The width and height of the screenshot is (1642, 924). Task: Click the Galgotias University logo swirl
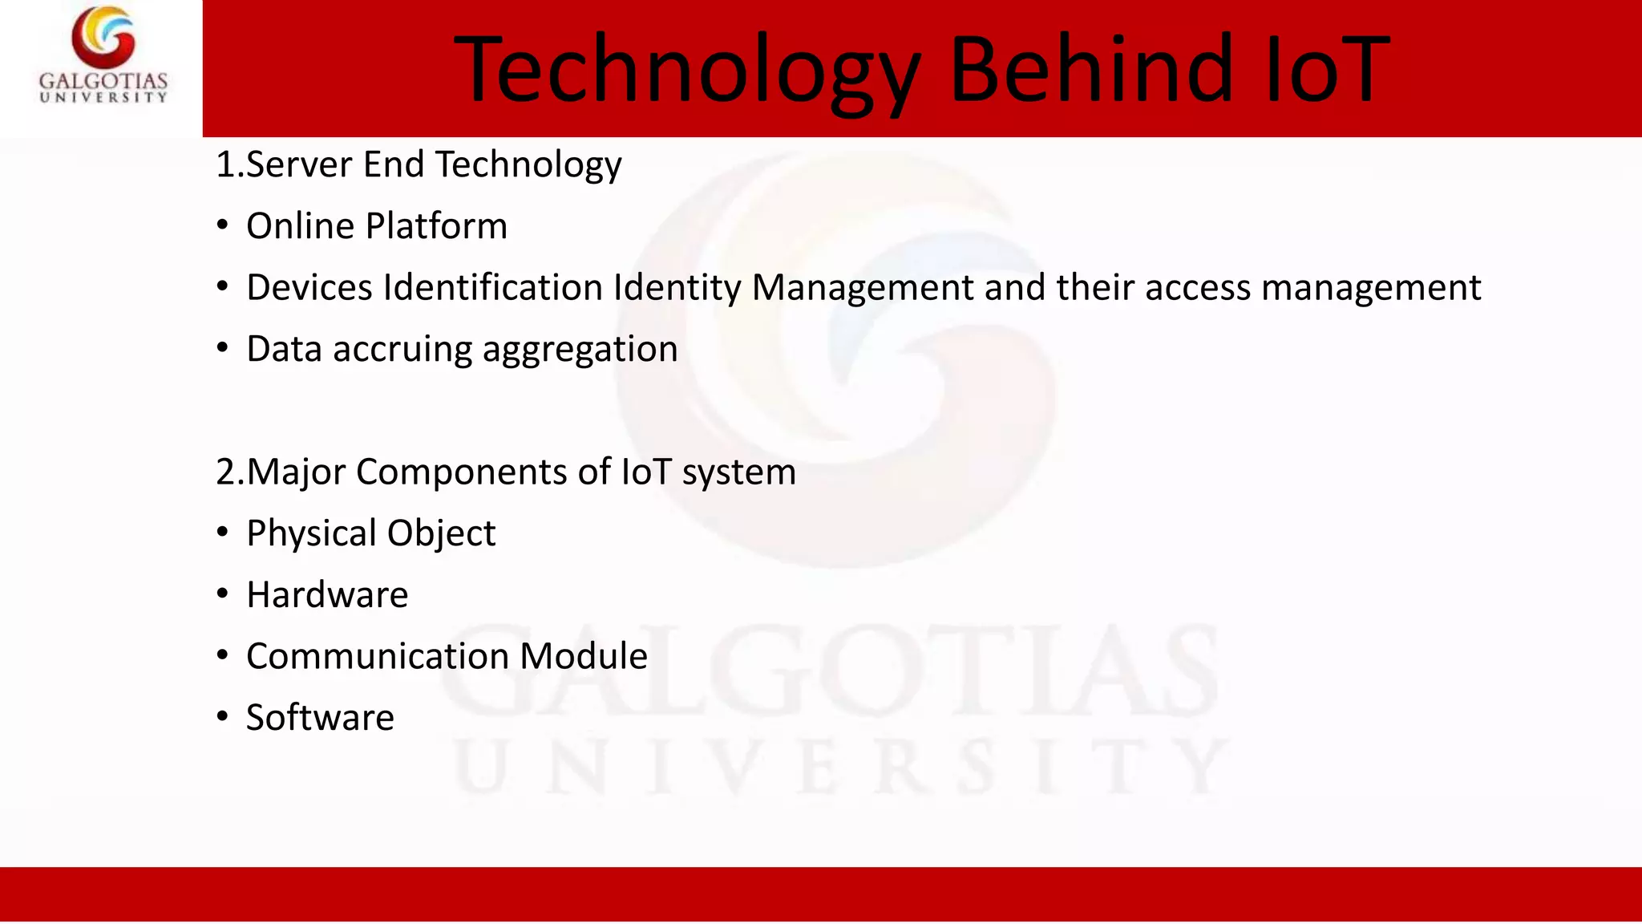(x=103, y=37)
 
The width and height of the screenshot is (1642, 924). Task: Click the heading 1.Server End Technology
(x=419, y=164)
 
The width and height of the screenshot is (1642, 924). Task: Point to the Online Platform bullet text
(x=377, y=226)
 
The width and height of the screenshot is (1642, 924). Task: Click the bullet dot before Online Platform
(x=223, y=225)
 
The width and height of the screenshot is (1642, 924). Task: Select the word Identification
(x=493, y=287)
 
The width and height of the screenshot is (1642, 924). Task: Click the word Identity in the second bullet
(x=677, y=287)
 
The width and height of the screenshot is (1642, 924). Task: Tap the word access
(x=1198, y=287)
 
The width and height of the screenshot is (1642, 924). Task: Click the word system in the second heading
(x=738, y=472)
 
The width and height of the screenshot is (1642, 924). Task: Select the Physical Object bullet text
(x=371, y=533)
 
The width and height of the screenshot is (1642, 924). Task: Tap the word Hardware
(x=327, y=595)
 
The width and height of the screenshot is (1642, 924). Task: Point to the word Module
(x=584, y=656)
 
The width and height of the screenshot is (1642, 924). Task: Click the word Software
(x=320, y=718)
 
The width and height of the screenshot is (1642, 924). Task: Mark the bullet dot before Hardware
(x=223, y=594)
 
